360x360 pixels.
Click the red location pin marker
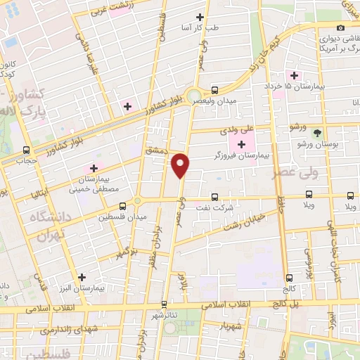click(181, 165)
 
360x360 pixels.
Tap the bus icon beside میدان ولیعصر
click(214, 90)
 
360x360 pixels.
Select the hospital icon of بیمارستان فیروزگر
click(243, 145)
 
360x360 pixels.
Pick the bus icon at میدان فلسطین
click(123, 206)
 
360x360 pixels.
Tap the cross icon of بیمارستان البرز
click(83, 278)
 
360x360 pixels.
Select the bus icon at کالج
click(289, 278)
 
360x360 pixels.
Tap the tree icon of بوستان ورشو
click(317, 132)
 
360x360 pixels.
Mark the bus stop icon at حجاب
click(27, 150)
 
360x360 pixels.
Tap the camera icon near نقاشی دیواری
click(340, 27)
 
